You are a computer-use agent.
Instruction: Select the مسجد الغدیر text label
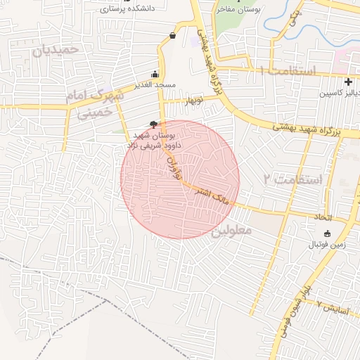coord(156,86)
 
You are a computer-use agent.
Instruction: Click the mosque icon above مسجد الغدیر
coord(155,75)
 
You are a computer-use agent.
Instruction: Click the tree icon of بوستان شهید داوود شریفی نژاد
coord(155,124)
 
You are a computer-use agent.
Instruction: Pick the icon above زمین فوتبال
coord(326,233)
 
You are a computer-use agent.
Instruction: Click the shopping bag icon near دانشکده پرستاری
coord(173,35)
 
